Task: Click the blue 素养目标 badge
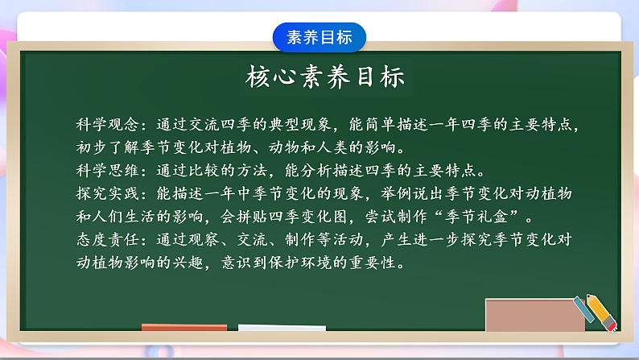coord(319,37)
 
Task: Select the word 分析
coord(344,172)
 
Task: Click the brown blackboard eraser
coord(534,314)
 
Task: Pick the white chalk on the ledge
coord(282,328)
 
